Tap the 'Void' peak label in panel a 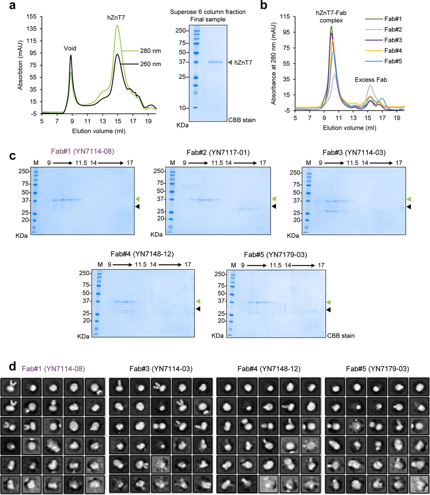(70, 49)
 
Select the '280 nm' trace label (151, 51)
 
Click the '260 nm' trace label (151, 64)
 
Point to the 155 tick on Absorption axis (31, 16)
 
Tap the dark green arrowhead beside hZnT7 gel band (230, 62)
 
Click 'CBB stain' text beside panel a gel (241, 120)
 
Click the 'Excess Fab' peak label (371, 80)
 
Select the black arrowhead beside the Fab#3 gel (409, 207)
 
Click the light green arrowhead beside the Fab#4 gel (198, 301)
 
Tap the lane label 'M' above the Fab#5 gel (233, 265)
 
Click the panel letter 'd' (12, 365)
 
